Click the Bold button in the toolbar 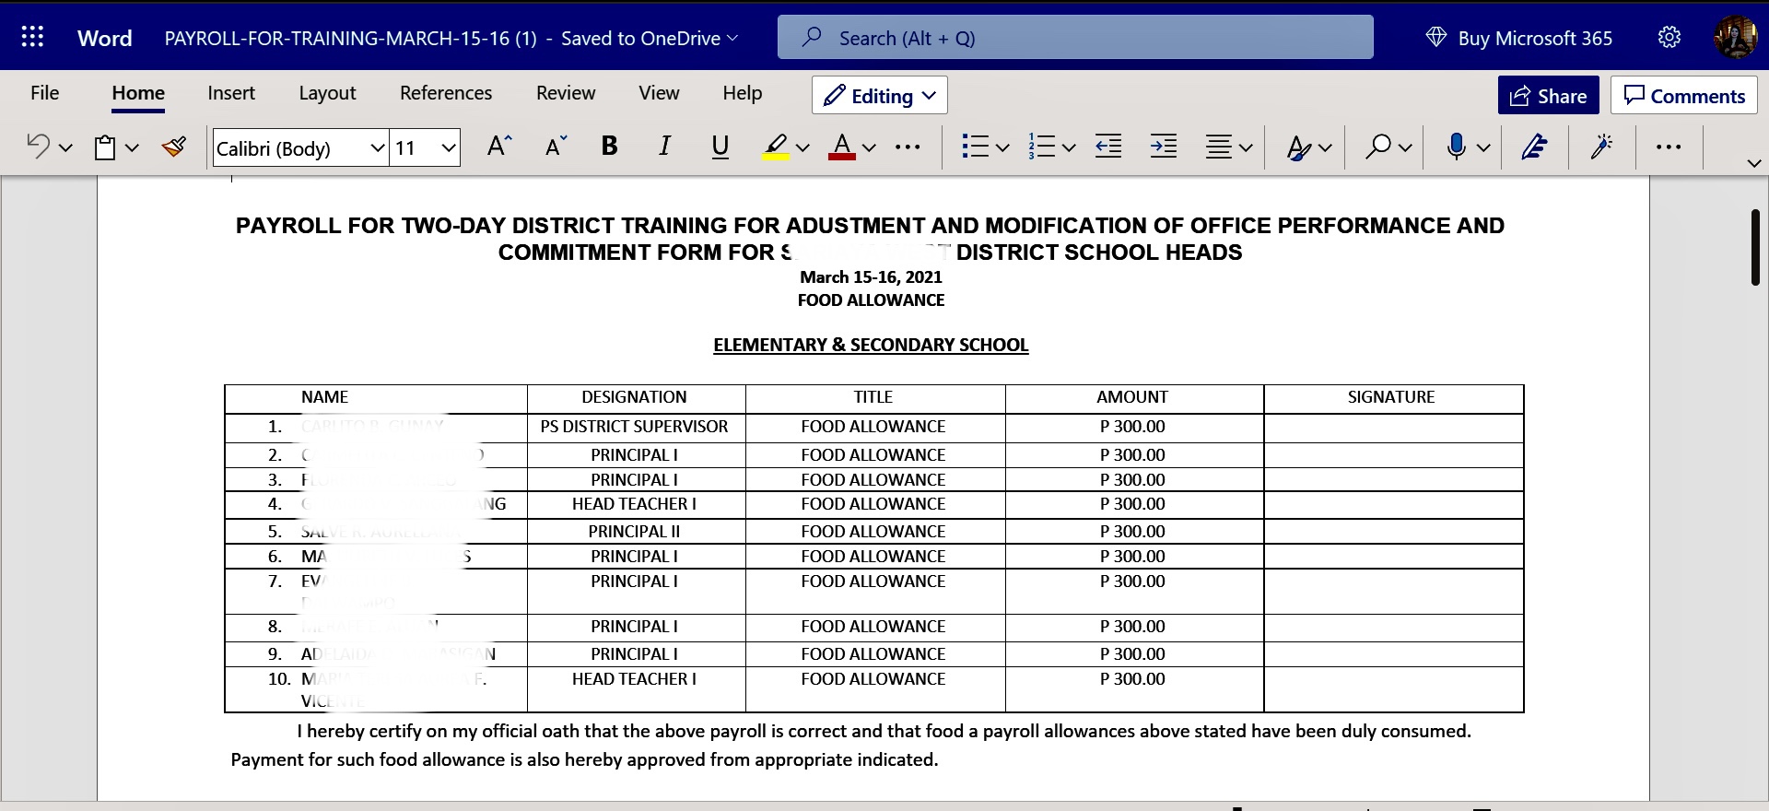[609, 147]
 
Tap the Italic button [664, 147]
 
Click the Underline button [720, 147]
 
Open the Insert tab [231, 93]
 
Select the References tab [446, 93]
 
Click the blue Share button [1548, 96]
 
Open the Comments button [1684, 96]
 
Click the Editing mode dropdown [880, 96]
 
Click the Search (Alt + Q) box [1075, 38]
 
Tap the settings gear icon [1669, 38]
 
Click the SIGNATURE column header [1391, 397]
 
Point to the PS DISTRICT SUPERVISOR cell [634, 427]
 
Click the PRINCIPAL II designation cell [634, 532]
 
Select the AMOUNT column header [1132, 397]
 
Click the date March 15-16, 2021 [871, 277]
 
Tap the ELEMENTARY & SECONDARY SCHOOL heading [871, 346]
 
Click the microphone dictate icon [1456, 147]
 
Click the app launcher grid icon [32, 37]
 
